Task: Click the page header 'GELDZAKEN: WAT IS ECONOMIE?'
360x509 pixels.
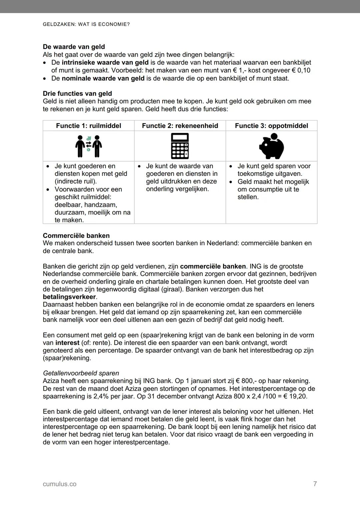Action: pyautogui.click(x=86, y=25)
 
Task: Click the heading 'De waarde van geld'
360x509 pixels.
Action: pyautogui.click(x=74, y=47)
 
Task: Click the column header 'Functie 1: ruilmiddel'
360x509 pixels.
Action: pyautogui.click(x=88, y=126)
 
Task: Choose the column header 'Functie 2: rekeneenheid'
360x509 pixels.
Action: pyautogui.click(x=180, y=126)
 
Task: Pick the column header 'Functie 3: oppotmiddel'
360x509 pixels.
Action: pyautogui.click(x=271, y=126)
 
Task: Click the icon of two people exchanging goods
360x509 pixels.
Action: pyautogui.click(x=88, y=146)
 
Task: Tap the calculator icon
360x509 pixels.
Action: pyautogui.click(x=180, y=146)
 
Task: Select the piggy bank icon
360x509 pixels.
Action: pyautogui.click(x=271, y=146)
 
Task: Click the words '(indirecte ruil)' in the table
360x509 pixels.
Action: pyautogui.click(x=76, y=182)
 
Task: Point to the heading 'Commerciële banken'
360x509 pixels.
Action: pyautogui.click(x=76, y=236)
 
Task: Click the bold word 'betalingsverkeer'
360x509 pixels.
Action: pyautogui.click(x=69, y=297)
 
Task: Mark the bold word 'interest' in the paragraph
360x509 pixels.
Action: pyautogui.click(x=67, y=343)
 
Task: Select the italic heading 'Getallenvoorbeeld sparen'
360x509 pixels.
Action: pyautogui.click(x=81, y=373)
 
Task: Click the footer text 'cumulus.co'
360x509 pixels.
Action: pyautogui.click(x=60, y=484)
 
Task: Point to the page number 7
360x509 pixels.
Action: pyautogui.click(x=315, y=484)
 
